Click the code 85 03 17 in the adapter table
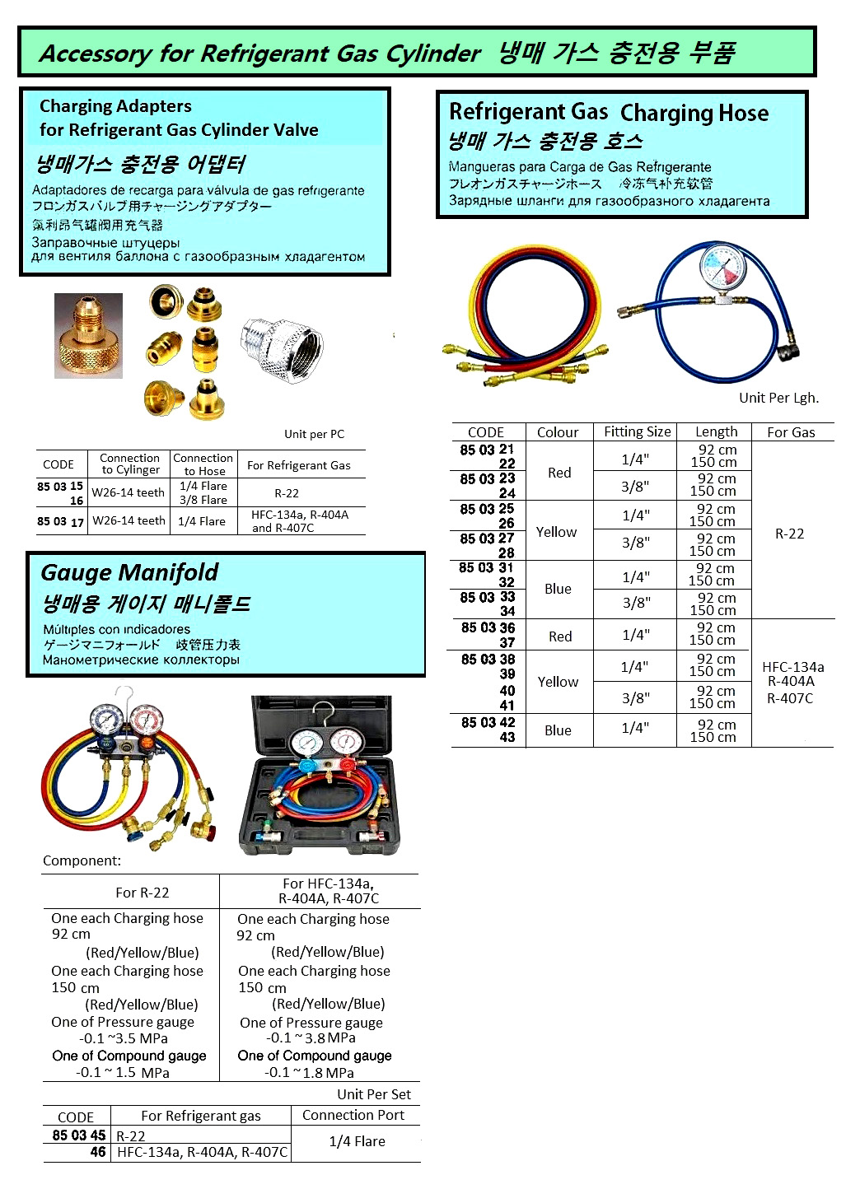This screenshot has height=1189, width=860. tap(60, 521)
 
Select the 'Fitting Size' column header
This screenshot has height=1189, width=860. tap(637, 431)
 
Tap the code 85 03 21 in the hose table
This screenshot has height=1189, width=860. tap(487, 450)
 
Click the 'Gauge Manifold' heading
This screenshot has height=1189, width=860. tap(129, 572)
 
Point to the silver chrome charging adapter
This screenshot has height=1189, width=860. tap(282, 347)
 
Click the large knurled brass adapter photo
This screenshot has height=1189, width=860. tap(88, 336)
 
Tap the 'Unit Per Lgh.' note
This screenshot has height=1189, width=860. tap(778, 398)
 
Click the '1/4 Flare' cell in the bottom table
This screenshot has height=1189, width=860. tap(357, 1141)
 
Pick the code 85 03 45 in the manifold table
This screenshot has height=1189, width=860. tap(79, 1135)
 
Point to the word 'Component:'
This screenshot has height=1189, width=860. tap(82, 860)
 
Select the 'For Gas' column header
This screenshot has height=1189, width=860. tap(791, 432)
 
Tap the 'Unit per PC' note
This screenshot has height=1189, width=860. tap(314, 434)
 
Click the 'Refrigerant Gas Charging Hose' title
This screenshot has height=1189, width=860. tap(608, 112)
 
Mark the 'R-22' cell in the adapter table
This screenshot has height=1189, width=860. tap(287, 493)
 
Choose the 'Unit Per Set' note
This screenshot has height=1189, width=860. tap(373, 1094)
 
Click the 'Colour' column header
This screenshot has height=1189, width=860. tap(558, 432)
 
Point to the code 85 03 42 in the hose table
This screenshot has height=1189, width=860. tap(488, 722)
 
